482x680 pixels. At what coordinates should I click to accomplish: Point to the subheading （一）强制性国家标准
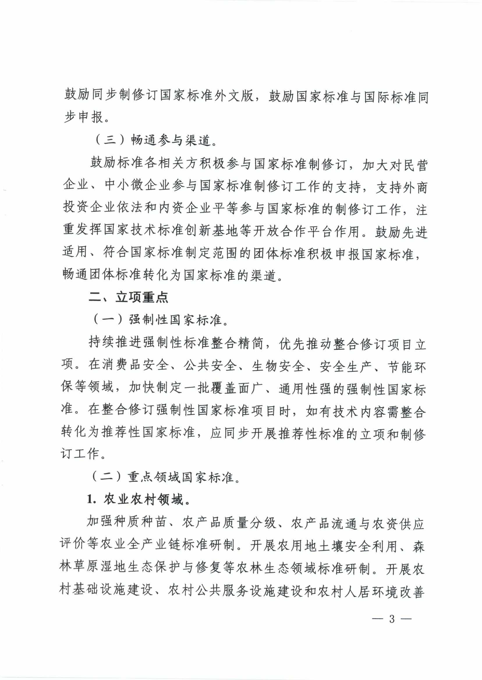pos(161,320)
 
